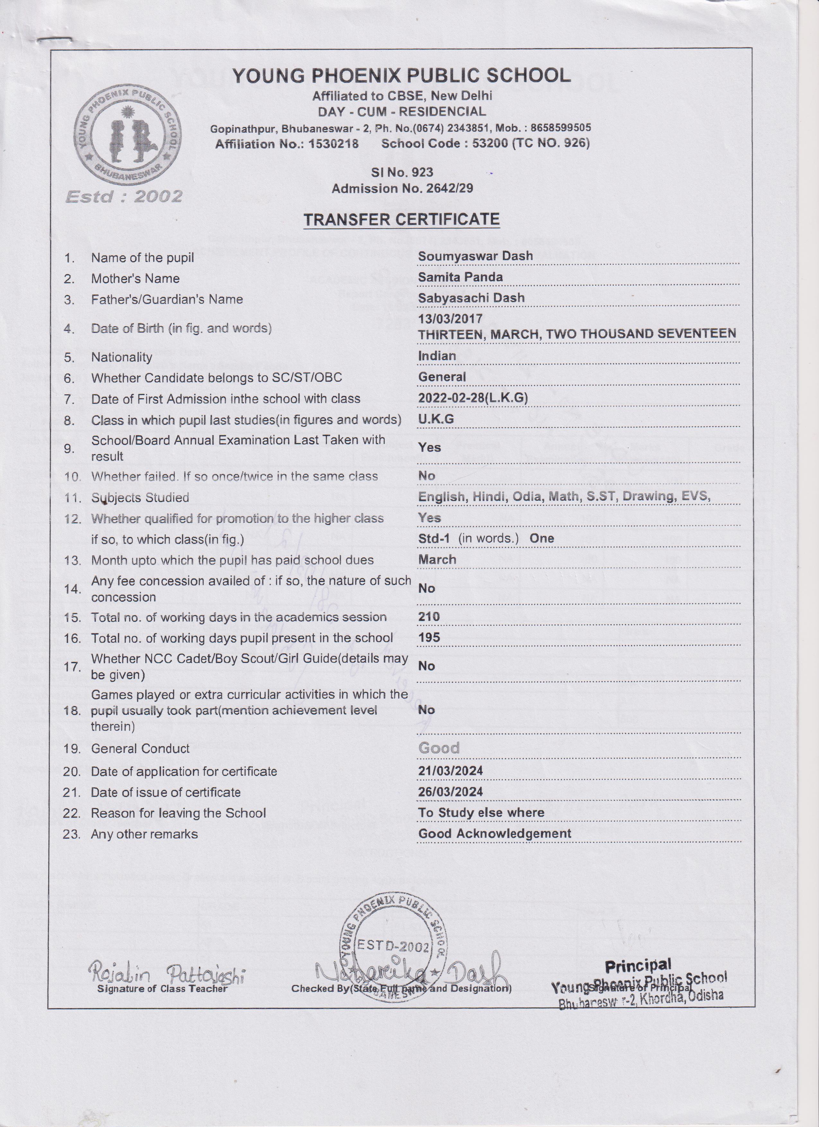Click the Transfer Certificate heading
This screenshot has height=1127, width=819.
[401, 219]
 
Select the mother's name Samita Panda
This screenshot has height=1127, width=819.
[460, 277]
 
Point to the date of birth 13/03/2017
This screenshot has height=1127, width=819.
[450, 318]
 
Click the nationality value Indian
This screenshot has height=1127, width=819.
[436, 356]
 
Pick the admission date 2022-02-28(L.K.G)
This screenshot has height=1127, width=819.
[473, 398]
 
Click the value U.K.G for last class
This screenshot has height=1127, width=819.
[436, 419]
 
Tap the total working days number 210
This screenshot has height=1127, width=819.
[429, 617]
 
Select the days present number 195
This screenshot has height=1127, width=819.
[429, 638]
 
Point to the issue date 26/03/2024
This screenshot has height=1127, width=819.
[450, 792]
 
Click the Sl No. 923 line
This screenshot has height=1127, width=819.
[402, 173]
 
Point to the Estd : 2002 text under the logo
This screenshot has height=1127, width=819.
[124, 197]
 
